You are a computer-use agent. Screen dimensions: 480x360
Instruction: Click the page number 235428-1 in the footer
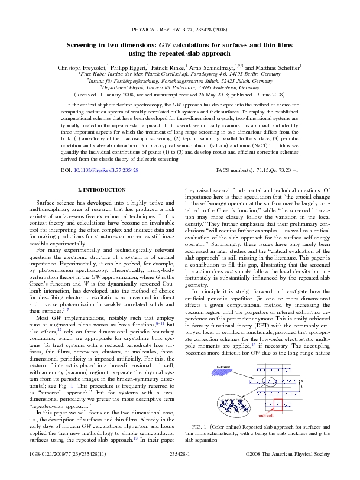[179, 470]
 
